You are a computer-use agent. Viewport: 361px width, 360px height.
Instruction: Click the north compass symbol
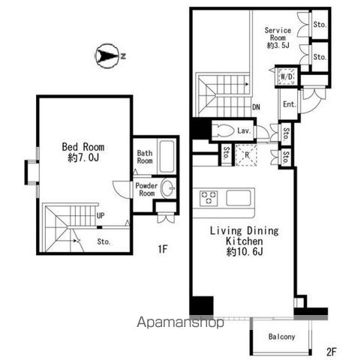[107, 55]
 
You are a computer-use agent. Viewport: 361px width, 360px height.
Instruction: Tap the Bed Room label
[83, 147]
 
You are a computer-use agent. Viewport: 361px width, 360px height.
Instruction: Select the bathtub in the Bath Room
[167, 157]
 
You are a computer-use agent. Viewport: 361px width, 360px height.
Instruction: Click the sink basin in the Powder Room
[168, 187]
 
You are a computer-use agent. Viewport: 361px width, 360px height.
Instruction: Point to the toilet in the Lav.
[224, 130]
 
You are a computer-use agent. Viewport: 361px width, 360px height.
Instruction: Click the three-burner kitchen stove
[209, 197]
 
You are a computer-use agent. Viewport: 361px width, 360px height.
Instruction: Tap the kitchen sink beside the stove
[239, 198]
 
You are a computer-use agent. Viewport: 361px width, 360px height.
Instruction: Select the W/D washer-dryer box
[287, 76]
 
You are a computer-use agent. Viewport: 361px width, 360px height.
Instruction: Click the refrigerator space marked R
[246, 155]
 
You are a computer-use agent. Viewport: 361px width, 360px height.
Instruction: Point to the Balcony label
[281, 337]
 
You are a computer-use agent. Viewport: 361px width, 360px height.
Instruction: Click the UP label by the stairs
[101, 215]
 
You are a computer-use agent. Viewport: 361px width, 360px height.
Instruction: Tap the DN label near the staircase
[256, 107]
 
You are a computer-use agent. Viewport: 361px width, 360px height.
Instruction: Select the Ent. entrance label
[290, 104]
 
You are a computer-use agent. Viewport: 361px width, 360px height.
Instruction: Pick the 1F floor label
[163, 249]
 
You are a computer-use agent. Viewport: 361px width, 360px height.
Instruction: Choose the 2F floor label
[332, 352]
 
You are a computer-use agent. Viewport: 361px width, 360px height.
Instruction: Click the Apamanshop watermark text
[180, 322]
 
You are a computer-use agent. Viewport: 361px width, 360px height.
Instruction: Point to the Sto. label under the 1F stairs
[104, 241]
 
